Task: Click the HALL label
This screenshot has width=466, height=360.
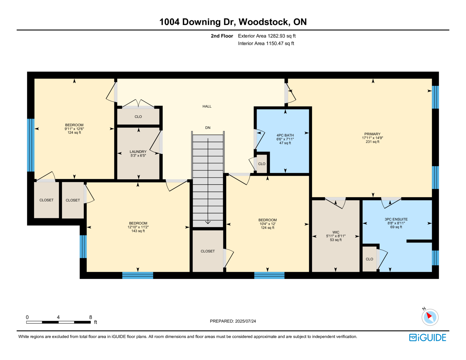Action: [x=207, y=106]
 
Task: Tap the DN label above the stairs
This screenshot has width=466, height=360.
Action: [x=208, y=128]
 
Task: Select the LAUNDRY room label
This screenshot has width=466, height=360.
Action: [x=138, y=151]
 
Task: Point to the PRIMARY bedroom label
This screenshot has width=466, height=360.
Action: [x=372, y=134]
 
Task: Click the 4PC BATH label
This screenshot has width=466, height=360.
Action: [x=285, y=135]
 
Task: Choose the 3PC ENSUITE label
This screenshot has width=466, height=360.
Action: [x=396, y=219]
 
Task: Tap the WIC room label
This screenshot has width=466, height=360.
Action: [x=336, y=232]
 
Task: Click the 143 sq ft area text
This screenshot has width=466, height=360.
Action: [x=138, y=231]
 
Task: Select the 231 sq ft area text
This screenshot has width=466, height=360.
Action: [x=373, y=142]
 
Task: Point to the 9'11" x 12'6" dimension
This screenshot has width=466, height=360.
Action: [x=74, y=129]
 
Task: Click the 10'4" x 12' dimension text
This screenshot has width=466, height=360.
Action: [x=267, y=224]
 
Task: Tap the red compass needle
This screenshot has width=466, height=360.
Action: [x=429, y=315]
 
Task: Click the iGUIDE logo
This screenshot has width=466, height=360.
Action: [x=428, y=338]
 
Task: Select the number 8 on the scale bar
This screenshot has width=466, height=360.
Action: [x=91, y=317]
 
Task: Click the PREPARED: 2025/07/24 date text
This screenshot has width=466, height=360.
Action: [x=233, y=321]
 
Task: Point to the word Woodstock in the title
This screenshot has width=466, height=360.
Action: [x=264, y=22]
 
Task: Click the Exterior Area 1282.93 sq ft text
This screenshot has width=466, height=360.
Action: [x=267, y=36]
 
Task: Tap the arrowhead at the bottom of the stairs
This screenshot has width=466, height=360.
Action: [x=208, y=222]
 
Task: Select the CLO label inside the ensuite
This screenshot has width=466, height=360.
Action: [x=369, y=259]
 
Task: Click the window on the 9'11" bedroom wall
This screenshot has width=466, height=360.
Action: [x=31, y=145]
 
